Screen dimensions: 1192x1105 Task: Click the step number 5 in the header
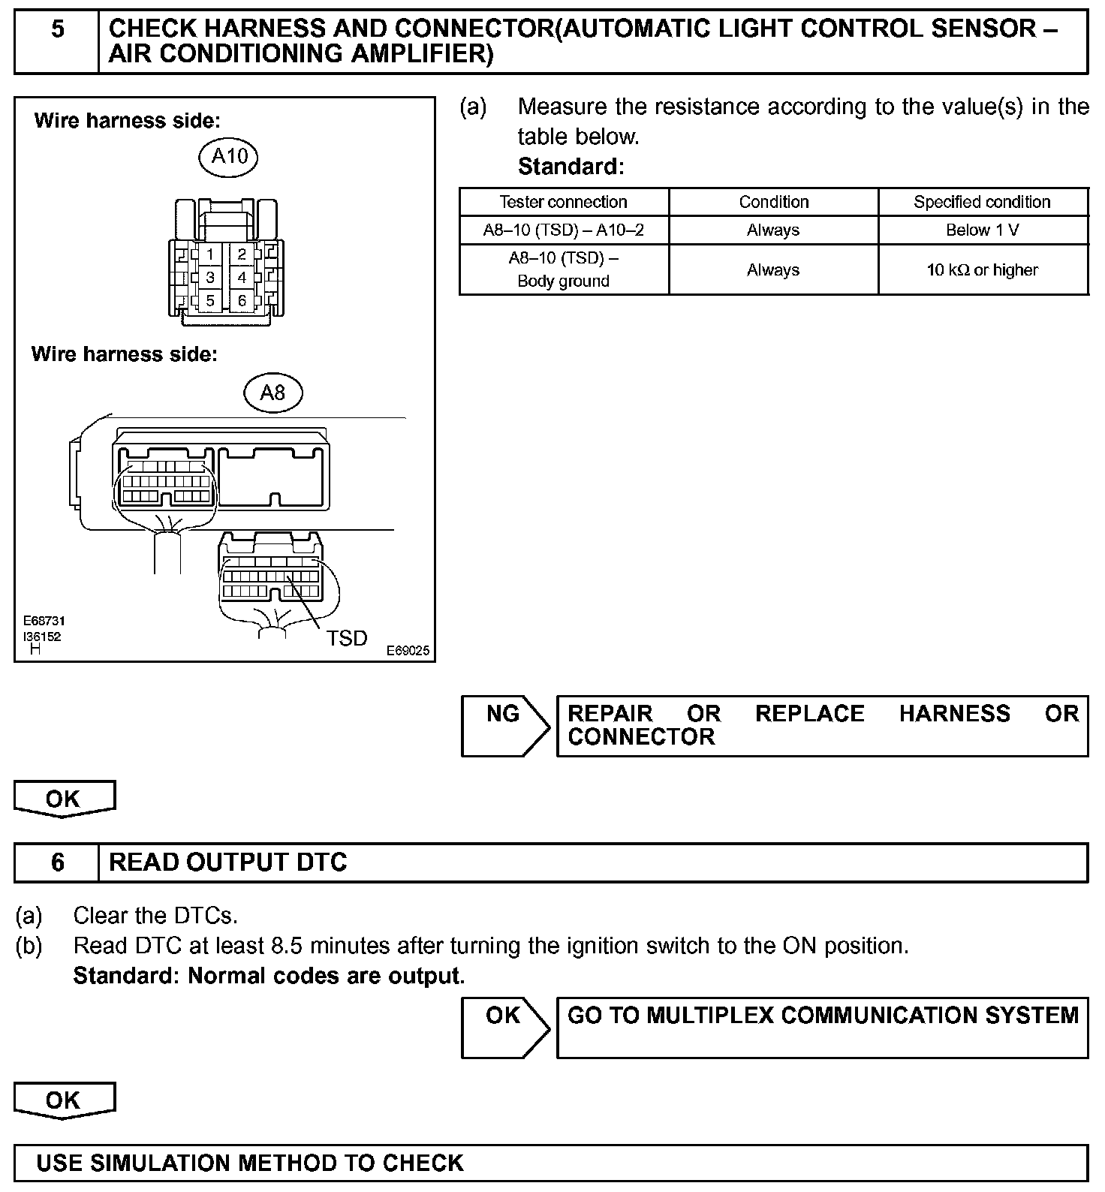pyautogui.click(x=57, y=30)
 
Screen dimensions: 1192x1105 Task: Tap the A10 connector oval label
pyautogui.click(x=229, y=156)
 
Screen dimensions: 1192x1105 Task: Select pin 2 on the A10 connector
pyautogui.click(x=242, y=254)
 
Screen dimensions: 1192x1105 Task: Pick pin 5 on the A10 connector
pyautogui.click(x=210, y=301)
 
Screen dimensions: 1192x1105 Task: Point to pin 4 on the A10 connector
pyautogui.click(x=242, y=278)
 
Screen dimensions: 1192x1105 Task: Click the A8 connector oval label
pyautogui.click(x=272, y=393)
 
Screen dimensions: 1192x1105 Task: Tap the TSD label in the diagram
pyautogui.click(x=347, y=638)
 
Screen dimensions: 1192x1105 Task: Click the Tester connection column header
pyautogui.click(x=563, y=202)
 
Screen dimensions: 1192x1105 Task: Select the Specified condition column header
pyautogui.click(x=982, y=202)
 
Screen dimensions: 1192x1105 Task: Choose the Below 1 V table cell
pyautogui.click(x=982, y=230)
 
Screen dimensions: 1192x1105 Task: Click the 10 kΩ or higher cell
pyautogui.click(x=982, y=269)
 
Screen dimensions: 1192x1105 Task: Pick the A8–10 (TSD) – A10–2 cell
pyautogui.click(x=563, y=230)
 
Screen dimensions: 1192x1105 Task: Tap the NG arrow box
pyautogui.click(x=504, y=724)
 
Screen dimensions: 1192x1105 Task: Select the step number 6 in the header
pyautogui.click(x=57, y=862)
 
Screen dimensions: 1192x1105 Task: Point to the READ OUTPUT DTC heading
pyautogui.click(x=228, y=862)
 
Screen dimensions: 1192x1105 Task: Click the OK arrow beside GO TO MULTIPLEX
pyautogui.click(x=504, y=1026)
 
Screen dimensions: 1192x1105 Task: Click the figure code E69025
pyautogui.click(x=408, y=651)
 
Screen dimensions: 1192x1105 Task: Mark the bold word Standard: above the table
pyautogui.click(x=571, y=166)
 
